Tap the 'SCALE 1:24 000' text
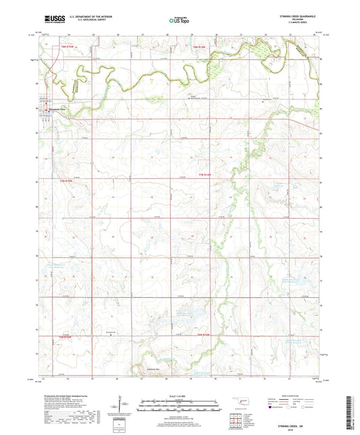click(x=179, y=396)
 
